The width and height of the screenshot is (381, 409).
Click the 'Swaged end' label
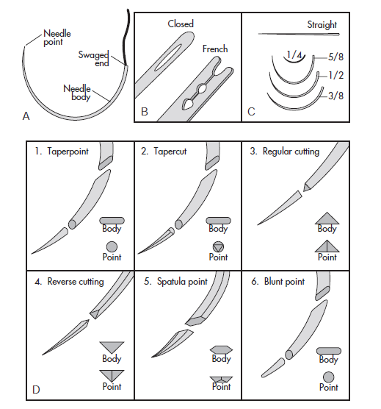(94, 59)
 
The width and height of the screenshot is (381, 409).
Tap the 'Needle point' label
(57, 38)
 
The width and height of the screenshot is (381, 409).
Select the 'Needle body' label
(77, 93)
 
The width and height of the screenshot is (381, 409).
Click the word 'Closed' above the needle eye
(181, 24)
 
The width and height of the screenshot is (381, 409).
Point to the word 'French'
(215, 49)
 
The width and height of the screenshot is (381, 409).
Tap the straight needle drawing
(299, 34)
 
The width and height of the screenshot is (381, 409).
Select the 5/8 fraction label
(335, 57)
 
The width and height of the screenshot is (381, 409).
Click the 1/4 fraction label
(294, 54)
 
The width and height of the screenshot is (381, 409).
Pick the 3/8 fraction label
(335, 96)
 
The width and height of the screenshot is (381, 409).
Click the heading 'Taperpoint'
(68, 152)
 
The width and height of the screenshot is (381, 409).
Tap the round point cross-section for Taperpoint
(112, 246)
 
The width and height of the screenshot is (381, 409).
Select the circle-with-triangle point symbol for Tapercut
(218, 246)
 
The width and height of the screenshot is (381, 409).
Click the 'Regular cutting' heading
(291, 152)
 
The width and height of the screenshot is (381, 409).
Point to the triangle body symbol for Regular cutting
(327, 218)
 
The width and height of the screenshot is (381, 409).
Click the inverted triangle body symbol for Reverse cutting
(112, 347)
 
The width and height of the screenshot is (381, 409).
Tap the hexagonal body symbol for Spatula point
(221, 350)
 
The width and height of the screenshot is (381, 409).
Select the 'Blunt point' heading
(284, 282)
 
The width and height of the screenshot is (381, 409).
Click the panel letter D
(36, 390)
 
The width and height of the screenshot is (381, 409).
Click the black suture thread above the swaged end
(126, 37)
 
